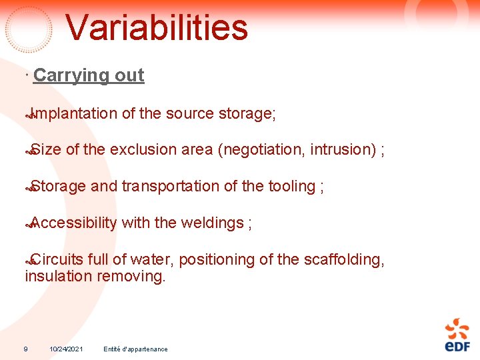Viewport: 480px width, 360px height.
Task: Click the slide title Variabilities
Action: point(157,28)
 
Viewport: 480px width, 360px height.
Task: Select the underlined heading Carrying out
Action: point(88,75)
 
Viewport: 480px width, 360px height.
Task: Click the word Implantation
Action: point(73,114)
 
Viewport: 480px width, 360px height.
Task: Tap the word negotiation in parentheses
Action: point(263,150)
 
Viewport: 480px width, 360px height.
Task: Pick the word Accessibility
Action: point(73,223)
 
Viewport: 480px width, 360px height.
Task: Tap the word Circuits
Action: point(58,259)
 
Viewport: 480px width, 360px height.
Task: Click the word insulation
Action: point(59,276)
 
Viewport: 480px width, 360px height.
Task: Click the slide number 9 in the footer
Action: point(25,349)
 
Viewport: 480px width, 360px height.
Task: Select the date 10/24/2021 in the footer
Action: point(66,349)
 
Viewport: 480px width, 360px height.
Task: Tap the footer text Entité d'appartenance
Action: point(135,349)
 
